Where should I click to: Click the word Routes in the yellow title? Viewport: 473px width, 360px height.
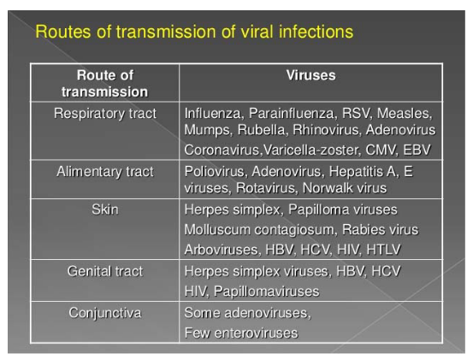pos(63,32)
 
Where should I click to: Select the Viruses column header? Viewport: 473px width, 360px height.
pos(310,75)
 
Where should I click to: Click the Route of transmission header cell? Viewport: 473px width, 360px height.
pos(104,83)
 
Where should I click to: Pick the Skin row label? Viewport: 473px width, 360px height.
pos(104,210)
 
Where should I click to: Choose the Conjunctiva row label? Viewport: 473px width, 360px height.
pos(104,313)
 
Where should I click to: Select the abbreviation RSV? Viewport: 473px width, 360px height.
pos(357,114)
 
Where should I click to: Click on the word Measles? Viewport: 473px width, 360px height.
pos(405,114)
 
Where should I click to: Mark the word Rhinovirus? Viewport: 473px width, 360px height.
pos(327,130)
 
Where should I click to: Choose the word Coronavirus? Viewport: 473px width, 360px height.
pos(222,150)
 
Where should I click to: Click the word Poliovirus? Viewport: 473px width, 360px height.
pos(215,172)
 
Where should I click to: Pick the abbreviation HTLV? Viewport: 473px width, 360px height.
pos(383,250)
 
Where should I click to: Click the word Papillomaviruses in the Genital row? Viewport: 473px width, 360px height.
pos(266,292)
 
